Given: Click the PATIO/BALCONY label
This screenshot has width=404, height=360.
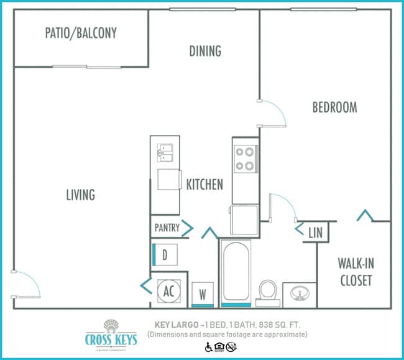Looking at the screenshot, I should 81,33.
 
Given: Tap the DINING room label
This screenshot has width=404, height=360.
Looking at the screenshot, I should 205,51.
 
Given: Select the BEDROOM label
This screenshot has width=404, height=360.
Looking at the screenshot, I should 334,108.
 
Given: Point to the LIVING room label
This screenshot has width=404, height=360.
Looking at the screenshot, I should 81,195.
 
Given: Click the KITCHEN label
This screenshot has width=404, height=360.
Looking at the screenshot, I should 204,184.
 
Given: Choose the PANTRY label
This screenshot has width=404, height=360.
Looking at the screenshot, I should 167,228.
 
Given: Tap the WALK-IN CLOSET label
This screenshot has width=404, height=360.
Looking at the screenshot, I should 356,271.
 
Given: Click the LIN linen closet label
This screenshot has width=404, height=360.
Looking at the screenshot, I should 316,233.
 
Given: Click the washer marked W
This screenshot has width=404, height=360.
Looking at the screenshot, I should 202,293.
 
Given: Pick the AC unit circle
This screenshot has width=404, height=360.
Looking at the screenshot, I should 168,290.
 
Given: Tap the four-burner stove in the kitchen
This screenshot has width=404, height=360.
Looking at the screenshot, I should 245,158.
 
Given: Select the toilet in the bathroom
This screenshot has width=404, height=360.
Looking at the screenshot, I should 268,290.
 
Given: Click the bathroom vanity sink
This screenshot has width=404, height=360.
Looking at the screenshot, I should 300,293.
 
